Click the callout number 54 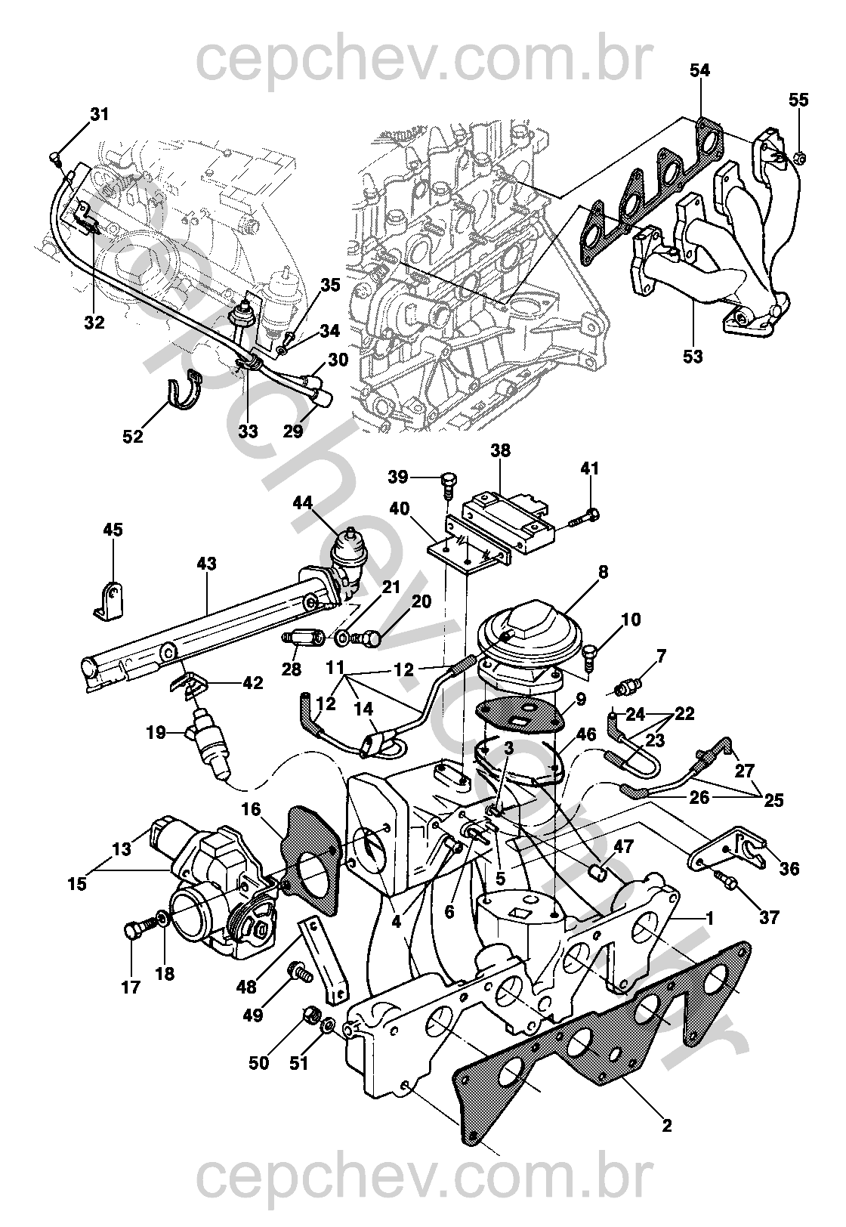(x=699, y=70)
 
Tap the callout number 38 (x=499, y=452)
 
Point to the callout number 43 (x=206, y=564)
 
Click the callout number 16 (x=251, y=811)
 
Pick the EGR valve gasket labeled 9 (x=520, y=714)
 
